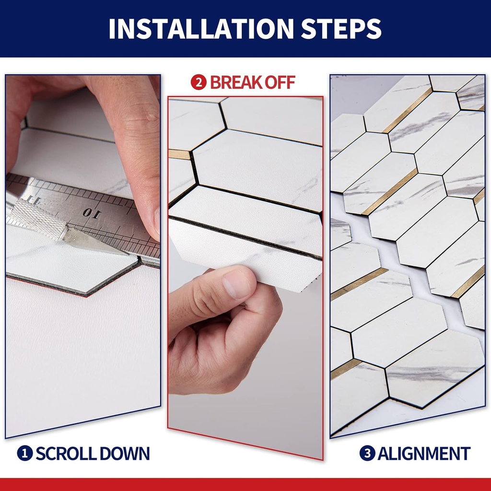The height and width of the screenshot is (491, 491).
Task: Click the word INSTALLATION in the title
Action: click(200, 29)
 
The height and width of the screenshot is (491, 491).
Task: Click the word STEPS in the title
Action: click(341, 29)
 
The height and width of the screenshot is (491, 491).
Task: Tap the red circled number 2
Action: click(198, 82)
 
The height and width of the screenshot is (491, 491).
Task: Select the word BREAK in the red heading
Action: click(236, 82)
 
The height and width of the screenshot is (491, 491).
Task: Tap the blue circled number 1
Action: click(24, 453)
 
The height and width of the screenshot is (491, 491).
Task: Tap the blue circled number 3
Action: click(367, 453)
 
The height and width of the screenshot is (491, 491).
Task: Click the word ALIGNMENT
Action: click(424, 453)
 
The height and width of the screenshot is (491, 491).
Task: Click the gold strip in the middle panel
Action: click(179, 154)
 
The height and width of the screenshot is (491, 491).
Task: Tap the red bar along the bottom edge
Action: click(245, 484)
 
